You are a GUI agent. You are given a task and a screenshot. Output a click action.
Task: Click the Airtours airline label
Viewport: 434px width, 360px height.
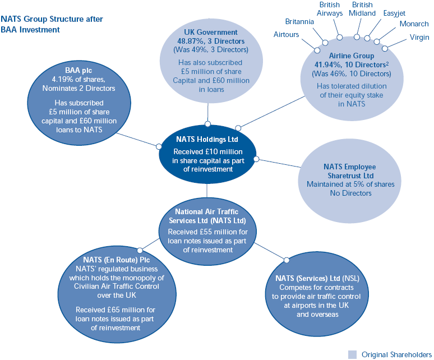tap(286, 35)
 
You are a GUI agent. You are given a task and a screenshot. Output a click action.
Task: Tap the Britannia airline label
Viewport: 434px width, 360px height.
tap(299, 22)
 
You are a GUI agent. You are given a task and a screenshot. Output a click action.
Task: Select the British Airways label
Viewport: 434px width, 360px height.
tap(330, 8)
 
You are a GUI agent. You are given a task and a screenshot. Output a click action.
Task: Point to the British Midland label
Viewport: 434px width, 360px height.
tap(362, 8)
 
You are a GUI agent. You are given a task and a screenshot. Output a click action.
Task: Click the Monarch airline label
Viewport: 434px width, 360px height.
tap(414, 24)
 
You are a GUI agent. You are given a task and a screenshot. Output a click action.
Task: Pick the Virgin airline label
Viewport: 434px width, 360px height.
tap(418, 38)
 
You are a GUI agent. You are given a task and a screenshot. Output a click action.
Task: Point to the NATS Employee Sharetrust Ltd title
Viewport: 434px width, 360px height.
tap(350, 171)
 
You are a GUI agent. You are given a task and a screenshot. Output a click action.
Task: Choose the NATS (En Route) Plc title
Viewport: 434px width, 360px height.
tap(116, 260)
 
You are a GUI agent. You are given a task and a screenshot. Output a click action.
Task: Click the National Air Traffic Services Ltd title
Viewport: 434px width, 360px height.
tap(207, 216)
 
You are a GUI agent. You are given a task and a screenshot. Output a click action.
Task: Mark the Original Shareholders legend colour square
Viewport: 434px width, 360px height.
tap(352, 354)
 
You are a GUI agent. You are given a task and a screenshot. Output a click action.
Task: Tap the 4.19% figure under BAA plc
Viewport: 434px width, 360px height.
tap(63, 80)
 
